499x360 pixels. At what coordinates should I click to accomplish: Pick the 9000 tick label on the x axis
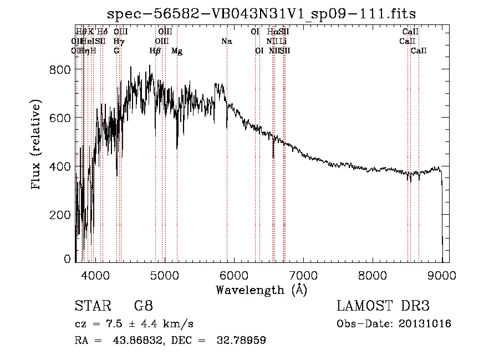click(x=442, y=275)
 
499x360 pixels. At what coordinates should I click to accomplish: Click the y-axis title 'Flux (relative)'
click(x=37, y=145)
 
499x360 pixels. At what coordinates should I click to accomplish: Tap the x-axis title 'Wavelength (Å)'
click(x=261, y=290)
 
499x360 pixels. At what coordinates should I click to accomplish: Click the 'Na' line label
click(x=226, y=41)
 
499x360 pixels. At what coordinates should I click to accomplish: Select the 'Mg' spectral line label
click(x=177, y=50)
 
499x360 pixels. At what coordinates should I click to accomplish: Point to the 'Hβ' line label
click(x=155, y=50)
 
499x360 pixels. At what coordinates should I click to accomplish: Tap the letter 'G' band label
click(x=116, y=50)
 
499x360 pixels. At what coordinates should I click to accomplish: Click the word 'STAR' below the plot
click(x=92, y=306)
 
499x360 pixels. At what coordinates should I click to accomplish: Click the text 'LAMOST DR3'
click(x=383, y=306)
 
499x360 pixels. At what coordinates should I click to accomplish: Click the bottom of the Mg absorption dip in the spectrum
click(x=177, y=148)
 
